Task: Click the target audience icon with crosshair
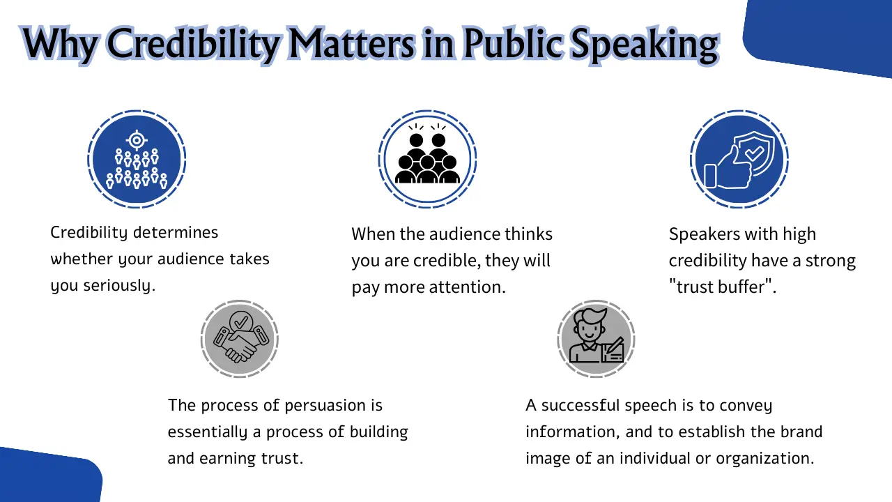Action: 137,159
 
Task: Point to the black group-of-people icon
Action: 427,159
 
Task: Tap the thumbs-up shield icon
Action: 739,159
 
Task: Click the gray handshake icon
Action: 240,339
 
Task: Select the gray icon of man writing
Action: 596,339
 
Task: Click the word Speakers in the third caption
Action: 702,234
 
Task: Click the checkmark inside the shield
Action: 753,151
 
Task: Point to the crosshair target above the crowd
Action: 137,140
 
